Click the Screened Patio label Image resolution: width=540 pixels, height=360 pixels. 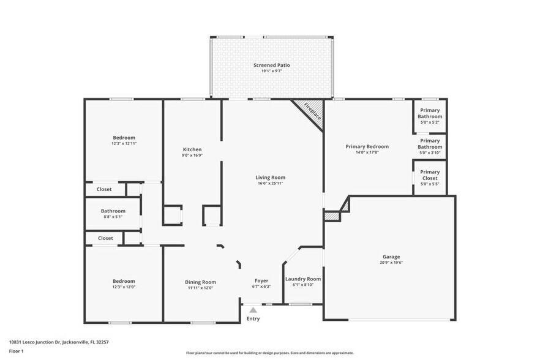(x=272, y=65)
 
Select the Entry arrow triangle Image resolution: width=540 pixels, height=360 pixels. (x=253, y=310)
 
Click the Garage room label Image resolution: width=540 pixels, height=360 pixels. (x=391, y=257)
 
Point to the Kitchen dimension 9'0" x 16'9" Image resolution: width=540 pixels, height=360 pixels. (x=192, y=156)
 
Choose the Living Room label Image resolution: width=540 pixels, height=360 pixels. (x=271, y=178)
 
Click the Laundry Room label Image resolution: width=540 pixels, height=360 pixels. (x=303, y=279)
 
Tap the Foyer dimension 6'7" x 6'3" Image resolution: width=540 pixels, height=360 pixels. (x=261, y=287)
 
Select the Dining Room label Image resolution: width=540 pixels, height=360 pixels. (x=200, y=282)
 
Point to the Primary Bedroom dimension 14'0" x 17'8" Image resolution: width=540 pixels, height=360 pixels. (x=367, y=152)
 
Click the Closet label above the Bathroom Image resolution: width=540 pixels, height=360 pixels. (x=104, y=189)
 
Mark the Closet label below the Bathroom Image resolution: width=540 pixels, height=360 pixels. (x=105, y=238)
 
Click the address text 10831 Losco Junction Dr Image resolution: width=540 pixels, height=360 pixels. (x=35, y=342)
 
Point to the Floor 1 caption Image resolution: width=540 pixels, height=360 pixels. (x=16, y=351)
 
